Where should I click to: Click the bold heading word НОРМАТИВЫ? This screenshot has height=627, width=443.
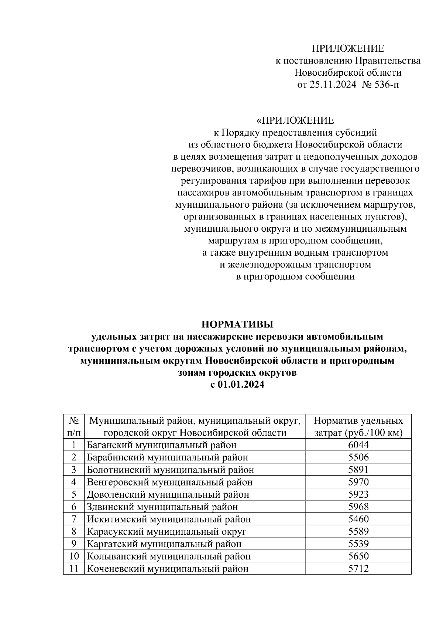[x=237, y=324]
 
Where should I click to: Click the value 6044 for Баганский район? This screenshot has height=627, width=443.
[x=358, y=445]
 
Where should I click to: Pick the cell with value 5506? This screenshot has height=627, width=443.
[x=358, y=457]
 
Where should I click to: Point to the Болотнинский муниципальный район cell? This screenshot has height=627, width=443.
[x=171, y=470]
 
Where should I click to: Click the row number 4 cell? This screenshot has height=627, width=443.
[x=74, y=482]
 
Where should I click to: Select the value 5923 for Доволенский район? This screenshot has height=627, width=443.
[x=358, y=494]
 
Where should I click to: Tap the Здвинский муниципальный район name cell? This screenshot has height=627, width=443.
[x=162, y=507]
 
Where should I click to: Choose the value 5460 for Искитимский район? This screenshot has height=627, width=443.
[x=358, y=519]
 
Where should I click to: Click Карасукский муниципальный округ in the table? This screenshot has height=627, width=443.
[x=166, y=531]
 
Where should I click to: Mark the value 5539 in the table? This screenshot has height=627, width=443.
[x=358, y=544]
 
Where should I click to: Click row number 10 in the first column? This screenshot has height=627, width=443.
[x=74, y=556]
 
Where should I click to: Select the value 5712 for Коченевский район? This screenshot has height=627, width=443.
[x=358, y=569]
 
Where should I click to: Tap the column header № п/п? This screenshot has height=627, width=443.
[x=74, y=426]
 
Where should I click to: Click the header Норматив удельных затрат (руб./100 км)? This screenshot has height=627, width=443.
[x=358, y=426]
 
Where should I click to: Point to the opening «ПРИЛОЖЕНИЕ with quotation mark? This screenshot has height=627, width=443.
[x=295, y=120]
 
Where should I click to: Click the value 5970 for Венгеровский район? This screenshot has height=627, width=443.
[x=358, y=482]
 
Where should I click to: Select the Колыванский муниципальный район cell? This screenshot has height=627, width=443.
[x=169, y=556]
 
